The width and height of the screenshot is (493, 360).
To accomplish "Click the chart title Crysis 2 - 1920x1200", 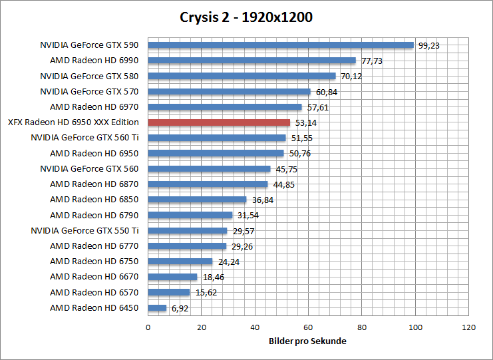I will [x=246, y=17].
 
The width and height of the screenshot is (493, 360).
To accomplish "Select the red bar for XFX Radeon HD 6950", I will [x=219, y=122].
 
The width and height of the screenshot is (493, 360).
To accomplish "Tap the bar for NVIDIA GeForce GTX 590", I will [x=281, y=45].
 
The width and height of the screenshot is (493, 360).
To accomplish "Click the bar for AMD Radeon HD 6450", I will [x=157, y=308].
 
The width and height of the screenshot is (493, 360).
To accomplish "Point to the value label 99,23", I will [x=429, y=46].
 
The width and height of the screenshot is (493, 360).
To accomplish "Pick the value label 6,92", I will [x=180, y=308].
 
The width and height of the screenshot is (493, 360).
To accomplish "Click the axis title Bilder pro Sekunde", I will [x=308, y=341].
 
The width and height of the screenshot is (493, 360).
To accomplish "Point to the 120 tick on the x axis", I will [x=469, y=327].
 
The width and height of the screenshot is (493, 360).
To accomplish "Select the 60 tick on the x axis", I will [x=308, y=327].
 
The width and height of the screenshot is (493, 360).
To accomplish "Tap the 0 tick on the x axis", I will [x=148, y=327].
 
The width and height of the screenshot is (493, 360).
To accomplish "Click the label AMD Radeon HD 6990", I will [x=94, y=61].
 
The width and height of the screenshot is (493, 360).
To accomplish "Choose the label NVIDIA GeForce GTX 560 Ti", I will [x=84, y=138].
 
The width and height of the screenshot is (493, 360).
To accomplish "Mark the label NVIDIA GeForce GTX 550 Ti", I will [x=84, y=230].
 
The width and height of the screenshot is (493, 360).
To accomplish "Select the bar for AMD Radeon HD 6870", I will [x=208, y=184].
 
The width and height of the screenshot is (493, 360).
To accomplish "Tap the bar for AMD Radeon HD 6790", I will [x=190, y=215].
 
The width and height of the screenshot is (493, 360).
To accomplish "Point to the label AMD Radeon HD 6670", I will [x=94, y=277].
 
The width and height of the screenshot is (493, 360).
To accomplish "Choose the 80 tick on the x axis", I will [x=362, y=327].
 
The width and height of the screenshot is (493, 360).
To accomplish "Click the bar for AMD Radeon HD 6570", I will [x=168, y=292].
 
